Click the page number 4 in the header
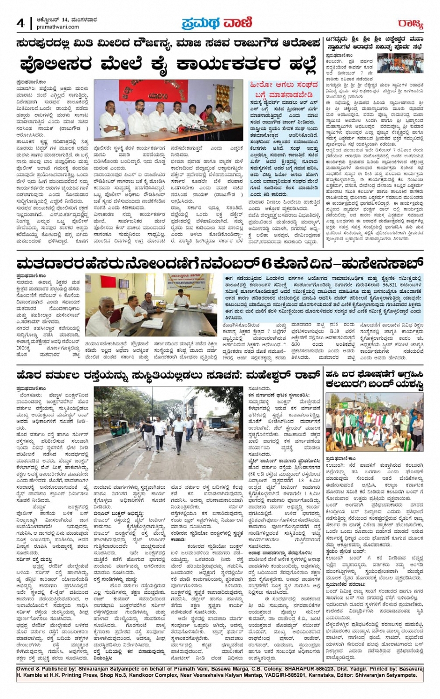point(21,23)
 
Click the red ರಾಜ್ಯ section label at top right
point(410,23)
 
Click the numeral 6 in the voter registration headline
point(266,263)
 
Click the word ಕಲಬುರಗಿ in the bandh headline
point(345,384)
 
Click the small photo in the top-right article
point(400,64)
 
